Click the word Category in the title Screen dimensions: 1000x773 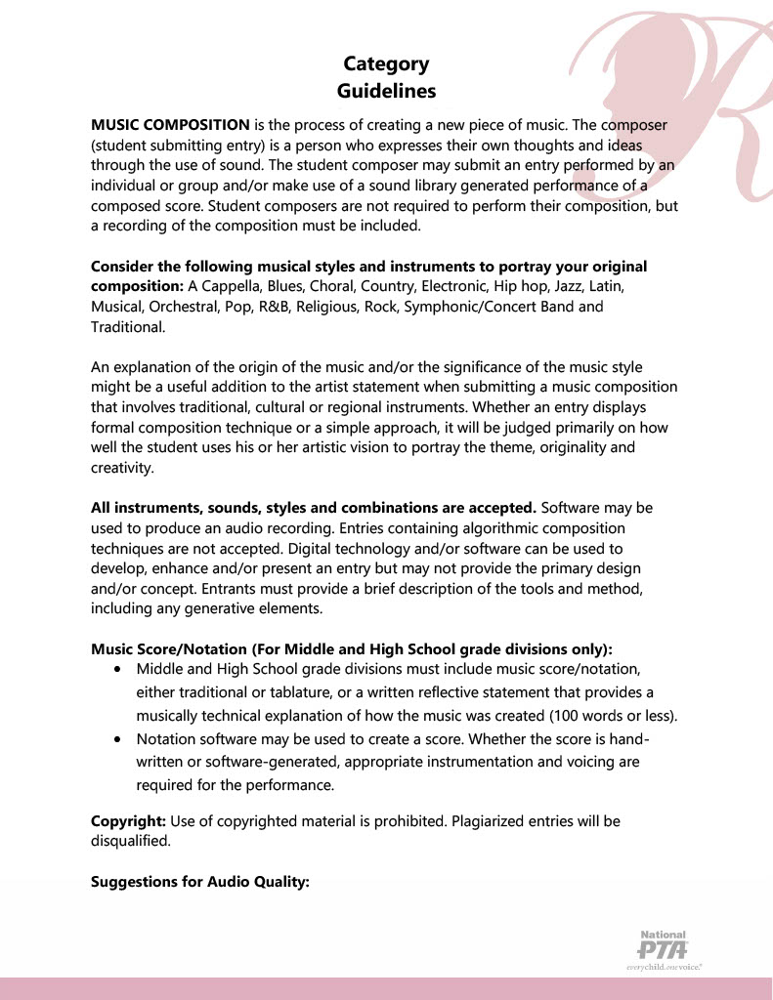point(386,64)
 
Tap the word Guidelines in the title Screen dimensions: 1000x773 point(386,91)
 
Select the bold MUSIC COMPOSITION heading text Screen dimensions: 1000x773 point(170,125)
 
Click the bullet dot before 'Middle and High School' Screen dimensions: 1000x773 point(118,671)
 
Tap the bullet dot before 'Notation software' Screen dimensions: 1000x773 point(118,739)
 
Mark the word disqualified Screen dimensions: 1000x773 point(130,841)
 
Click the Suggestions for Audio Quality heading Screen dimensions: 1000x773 point(199,882)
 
